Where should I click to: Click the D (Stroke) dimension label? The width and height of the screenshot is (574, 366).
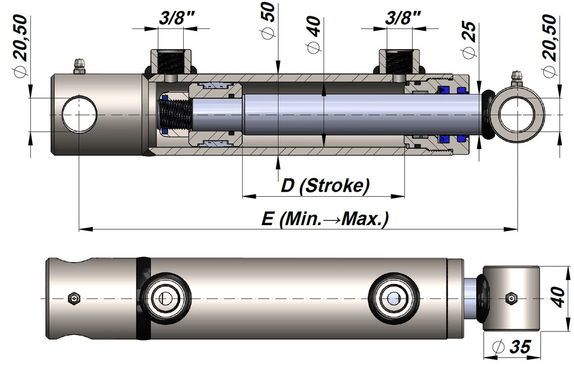click(x=325, y=185)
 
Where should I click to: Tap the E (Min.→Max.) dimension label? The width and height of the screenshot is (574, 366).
click(x=325, y=219)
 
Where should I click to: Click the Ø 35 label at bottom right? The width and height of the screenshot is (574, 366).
click(x=512, y=346)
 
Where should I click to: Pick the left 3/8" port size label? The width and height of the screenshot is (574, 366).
click(x=177, y=18)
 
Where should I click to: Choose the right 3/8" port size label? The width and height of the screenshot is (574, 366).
click(x=403, y=18)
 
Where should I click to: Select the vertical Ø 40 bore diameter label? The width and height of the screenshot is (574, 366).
click(x=314, y=35)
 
